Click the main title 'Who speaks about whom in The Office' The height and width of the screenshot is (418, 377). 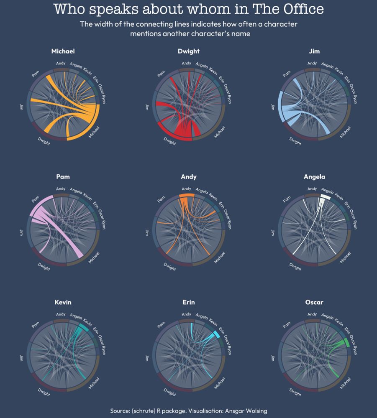point(189,9)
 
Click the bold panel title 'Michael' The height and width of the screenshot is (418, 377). point(63,51)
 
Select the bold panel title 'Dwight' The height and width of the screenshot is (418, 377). point(188,51)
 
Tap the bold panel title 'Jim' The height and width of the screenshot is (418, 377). point(314,51)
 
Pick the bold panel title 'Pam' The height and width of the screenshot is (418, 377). point(63,177)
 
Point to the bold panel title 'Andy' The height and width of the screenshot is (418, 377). point(188,177)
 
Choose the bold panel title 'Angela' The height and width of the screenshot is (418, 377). point(314,177)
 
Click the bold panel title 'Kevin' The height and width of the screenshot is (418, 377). point(63,302)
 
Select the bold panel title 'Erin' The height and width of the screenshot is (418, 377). point(188,302)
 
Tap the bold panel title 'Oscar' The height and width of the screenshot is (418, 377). point(314,302)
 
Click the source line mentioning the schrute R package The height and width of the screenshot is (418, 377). point(188,411)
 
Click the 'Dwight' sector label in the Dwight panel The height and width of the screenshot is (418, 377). point(169,141)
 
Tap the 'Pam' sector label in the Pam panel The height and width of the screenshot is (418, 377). point(35,199)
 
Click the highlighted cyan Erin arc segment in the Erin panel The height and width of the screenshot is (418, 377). point(216,334)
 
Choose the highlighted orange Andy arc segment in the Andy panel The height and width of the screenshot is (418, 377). point(186,195)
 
